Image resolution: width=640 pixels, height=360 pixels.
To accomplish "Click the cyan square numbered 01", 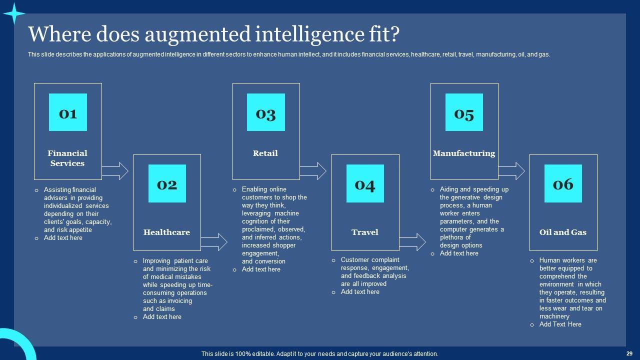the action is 68,112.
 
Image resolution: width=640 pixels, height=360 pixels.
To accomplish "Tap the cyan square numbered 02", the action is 167,183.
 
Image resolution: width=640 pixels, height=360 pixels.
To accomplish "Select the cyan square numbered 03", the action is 266,112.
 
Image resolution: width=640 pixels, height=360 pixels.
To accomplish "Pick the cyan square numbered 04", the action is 365,183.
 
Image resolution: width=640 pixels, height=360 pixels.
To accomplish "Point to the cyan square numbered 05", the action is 464,112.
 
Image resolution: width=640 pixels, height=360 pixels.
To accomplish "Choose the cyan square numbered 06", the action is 563,183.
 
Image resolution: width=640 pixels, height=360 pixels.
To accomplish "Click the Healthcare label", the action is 167,232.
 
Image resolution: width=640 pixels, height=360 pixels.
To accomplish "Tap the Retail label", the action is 265,153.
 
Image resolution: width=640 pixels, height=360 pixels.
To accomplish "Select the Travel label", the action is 365,232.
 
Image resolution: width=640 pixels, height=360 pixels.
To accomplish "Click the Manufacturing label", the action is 464,153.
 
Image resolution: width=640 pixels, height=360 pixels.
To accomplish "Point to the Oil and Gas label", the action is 563,232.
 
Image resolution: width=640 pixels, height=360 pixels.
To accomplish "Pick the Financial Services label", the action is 67,158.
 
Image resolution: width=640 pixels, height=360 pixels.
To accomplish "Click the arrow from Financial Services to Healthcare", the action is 115,171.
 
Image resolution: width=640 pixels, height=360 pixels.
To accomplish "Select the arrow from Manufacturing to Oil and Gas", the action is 511,171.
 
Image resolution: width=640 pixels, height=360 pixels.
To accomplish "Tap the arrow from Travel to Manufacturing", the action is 412,242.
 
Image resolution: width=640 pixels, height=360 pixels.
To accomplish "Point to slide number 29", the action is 629,353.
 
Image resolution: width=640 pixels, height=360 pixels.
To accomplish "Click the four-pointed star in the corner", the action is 14,14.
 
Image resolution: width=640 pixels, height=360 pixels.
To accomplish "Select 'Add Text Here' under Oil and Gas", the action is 560,324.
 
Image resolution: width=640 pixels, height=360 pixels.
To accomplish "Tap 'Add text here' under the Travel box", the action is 360,292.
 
